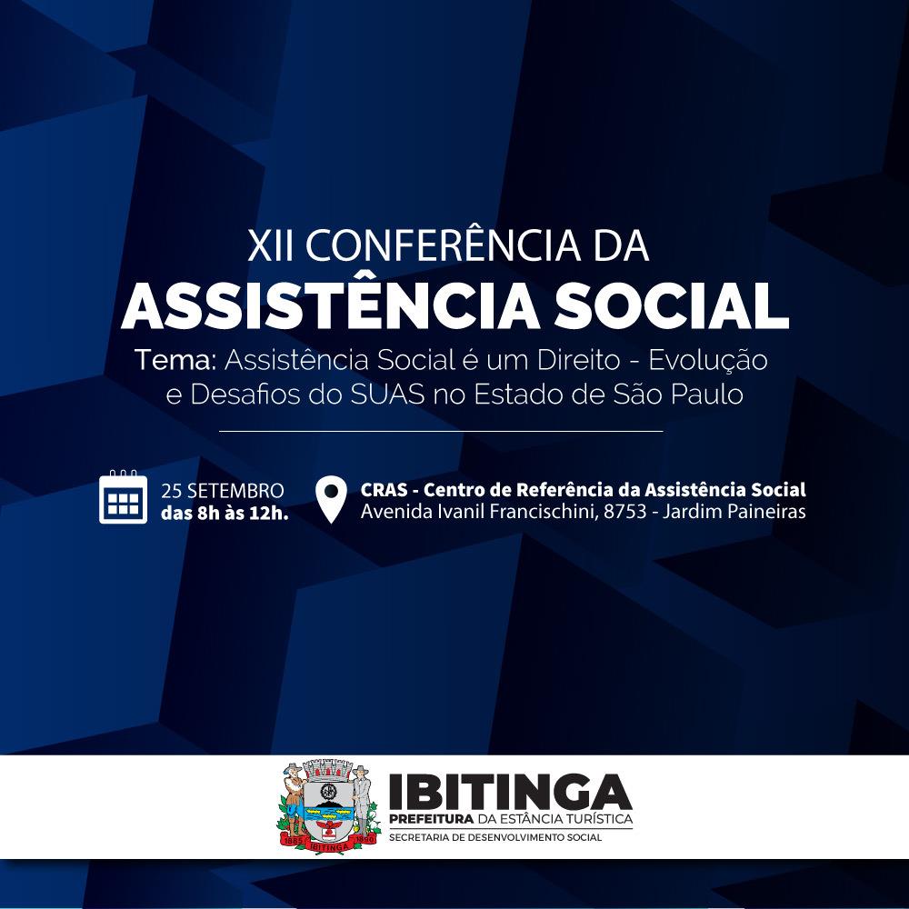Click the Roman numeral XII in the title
point(270,245)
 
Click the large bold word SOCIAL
point(671,305)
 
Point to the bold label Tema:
point(175,360)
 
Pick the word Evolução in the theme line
point(708,361)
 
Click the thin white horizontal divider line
point(441,431)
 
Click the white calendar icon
point(123,497)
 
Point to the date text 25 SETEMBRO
point(223,491)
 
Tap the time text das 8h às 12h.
point(225,513)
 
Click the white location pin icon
point(331,499)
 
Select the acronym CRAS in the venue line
point(384,490)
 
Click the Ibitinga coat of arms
point(329,806)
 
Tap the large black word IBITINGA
point(510,792)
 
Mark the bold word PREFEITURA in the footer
point(432,819)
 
